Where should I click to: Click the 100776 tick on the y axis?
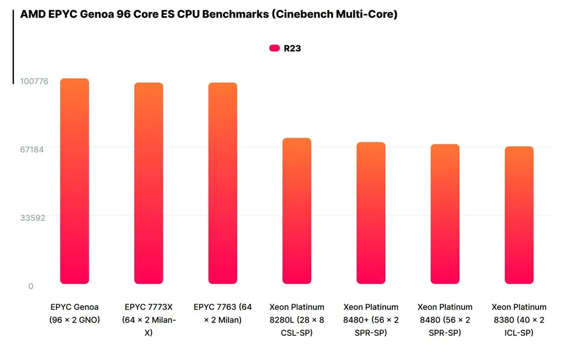pyautogui.click(x=34, y=82)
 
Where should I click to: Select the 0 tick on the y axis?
pyautogui.click(x=31, y=286)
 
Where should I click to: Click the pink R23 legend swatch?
pyautogui.click(x=274, y=48)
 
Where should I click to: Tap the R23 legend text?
pyautogui.click(x=292, y=48)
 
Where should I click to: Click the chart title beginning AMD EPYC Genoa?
pyautogui.click(x=209, y=14)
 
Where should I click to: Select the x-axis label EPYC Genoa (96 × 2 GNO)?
pyautogui.click(x=74, y=313)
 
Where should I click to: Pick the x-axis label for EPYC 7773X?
pyautogui.click(x=148, y=320)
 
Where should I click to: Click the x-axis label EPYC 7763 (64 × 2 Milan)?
pyautogui.click(x=222, y=313)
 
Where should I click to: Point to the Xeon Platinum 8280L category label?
pyautogui.click(x=297, y=320)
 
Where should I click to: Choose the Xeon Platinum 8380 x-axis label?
pyautogui.click(x=519, y=320)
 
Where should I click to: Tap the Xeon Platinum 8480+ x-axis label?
pyautogui.click(x=371, y=320)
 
